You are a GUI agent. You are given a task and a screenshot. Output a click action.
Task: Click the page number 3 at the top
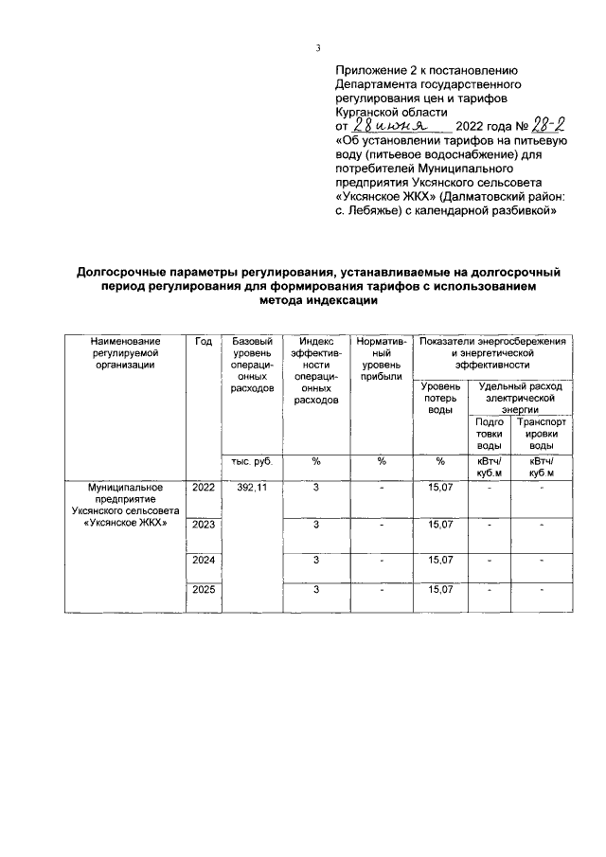coord(319,49)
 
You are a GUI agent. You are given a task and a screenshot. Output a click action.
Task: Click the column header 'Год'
coord(203,341)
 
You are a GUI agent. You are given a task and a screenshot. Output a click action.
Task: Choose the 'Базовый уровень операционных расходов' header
coord(251,365)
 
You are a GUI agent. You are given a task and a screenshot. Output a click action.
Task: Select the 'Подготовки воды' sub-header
coord(489,433)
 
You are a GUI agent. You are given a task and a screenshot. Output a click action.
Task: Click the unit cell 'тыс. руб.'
coord(251,461)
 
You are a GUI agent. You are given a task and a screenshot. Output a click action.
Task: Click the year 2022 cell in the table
coord(203,487)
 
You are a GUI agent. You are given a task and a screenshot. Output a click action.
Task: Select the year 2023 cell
coord(203,524)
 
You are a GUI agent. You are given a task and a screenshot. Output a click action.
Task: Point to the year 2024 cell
coord(203,561)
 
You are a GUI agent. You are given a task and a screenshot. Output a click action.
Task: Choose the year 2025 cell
coord(203,589)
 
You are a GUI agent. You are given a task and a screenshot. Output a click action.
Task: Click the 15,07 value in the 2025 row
coord(440,589)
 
